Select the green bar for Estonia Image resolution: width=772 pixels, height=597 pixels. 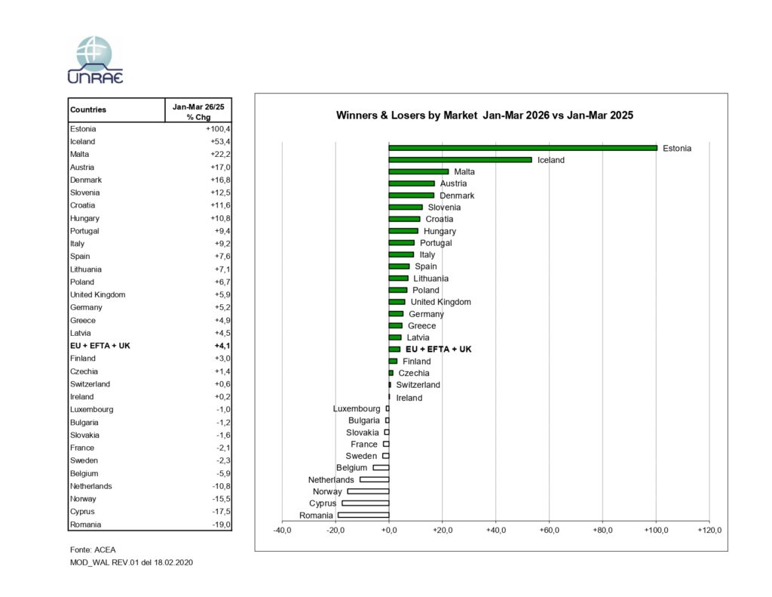[x=522, y=148]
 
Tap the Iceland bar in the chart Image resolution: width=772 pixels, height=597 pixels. [x=460, y=160]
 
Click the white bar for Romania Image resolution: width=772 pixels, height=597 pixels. [x=363, y=515]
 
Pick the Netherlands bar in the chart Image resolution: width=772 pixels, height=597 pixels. [x=375, y=480]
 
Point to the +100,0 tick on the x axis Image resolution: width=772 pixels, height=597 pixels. [x=656, y=531]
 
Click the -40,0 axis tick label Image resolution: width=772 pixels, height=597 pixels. [x=282, y=531]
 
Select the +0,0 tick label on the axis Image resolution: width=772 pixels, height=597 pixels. [x=389, y=531]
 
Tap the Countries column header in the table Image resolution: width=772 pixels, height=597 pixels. [x=88, y=109]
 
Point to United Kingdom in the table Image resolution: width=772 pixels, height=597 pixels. [x=98, y=294]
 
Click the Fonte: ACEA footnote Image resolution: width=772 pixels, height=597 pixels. [x=93, y=549]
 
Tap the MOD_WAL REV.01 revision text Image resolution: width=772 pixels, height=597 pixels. [x=131, y=563]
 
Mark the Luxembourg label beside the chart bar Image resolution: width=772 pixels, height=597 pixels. [x=357, y=408]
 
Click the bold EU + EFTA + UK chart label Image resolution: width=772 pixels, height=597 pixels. [x=438, y=349]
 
